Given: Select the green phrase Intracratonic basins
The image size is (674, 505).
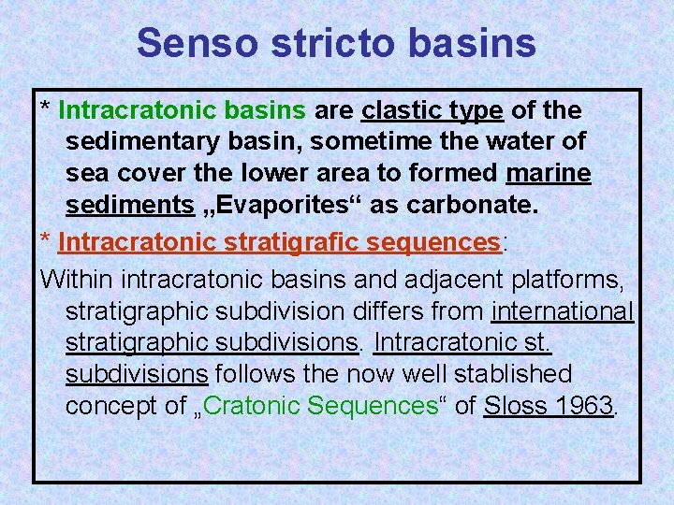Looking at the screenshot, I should (182, 111).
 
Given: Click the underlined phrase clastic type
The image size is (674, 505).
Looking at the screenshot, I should (432, 111).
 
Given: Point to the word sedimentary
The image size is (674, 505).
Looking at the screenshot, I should (149, 142).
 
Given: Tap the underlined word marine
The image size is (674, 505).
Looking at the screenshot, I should (548, 174).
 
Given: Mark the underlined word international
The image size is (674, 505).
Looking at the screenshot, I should (562, 310).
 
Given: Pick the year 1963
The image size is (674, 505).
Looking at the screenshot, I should (583, 406).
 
